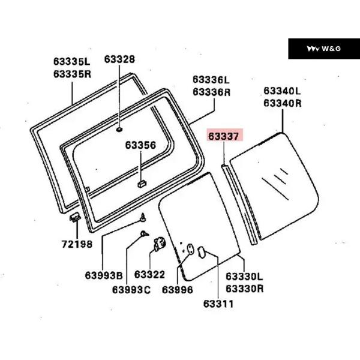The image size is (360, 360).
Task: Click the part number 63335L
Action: click(x=71, y=61)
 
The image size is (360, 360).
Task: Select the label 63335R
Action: click(x=71, y=73)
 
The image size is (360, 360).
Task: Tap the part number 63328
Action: click(x=119, y=59)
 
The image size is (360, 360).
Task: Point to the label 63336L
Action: click(x=211, y=80)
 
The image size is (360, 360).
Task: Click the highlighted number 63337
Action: click(x=224, y=136)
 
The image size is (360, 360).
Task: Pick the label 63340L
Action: click(x=282, y=91)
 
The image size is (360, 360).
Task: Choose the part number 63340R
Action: click(x=282, y=103)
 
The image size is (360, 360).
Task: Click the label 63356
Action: click(x=140, y=145)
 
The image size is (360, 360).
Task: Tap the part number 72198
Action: click(x=77, y=244)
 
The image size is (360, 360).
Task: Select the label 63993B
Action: click(x=103, y=275)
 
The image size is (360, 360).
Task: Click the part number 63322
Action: click(x=149, y=275)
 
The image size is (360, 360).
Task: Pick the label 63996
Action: click(x=178, y=290)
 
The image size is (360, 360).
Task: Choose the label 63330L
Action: click(x=244, y=277)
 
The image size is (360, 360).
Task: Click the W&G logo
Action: click(x=324, y=49)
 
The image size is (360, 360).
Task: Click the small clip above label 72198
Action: click(x=76, y=217)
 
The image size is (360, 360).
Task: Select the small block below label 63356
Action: click(x=141, y=184)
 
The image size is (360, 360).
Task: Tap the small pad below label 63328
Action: click(x=119, y=128)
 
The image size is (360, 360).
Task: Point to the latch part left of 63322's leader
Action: click(x=160, y=244)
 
